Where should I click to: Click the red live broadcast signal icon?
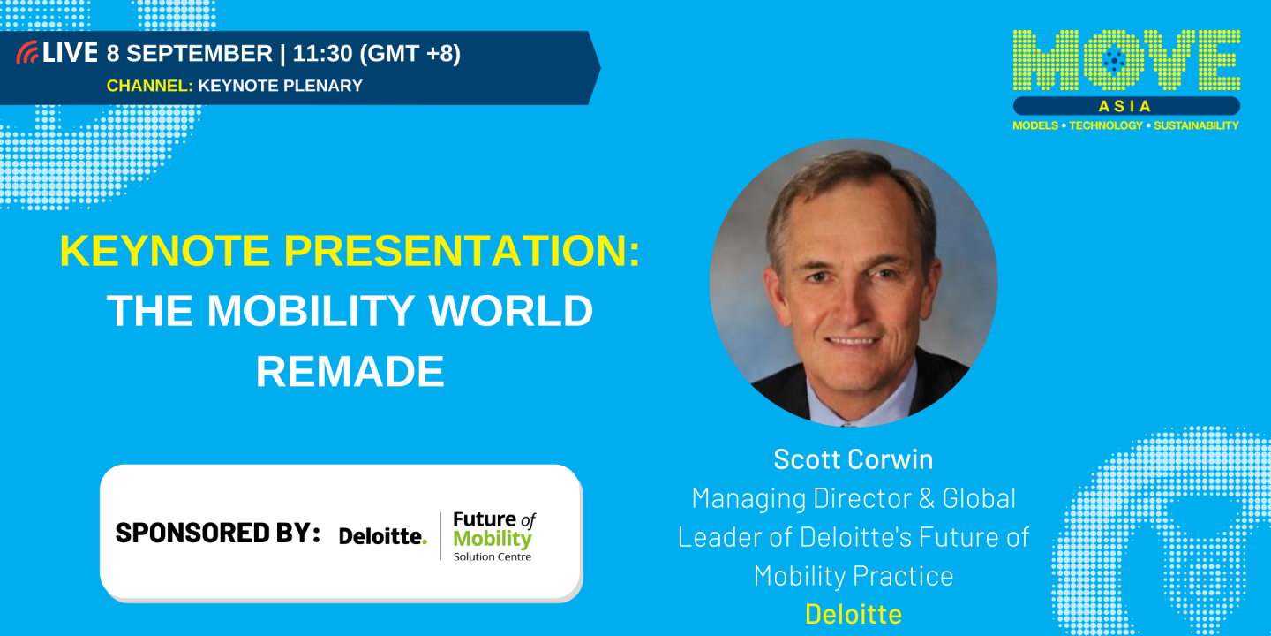[x=27, y=53]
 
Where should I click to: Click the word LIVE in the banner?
[x=70, y=53]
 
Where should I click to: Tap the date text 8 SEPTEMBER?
[x=189, y=54]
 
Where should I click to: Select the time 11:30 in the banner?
[x=322, y=54]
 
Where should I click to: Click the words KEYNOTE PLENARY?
[x=280, y=86]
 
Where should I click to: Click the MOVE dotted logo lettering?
[x=1125, y=60]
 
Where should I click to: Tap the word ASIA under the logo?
[x=1125, y=106]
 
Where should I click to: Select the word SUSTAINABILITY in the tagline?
[x=1196, y=125]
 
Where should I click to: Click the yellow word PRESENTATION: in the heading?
[x=462, y=252]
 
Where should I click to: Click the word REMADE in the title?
[x=350, y=371]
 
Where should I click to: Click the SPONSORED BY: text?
[x=217, y=533]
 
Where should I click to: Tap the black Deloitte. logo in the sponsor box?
[x=382, y=535]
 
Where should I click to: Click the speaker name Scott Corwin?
[x=853, y=458]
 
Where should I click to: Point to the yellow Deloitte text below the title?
[x=853, y=614]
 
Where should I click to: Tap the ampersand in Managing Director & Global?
[x=926, y=498]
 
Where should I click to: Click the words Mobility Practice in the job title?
[x=853, y=576]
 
